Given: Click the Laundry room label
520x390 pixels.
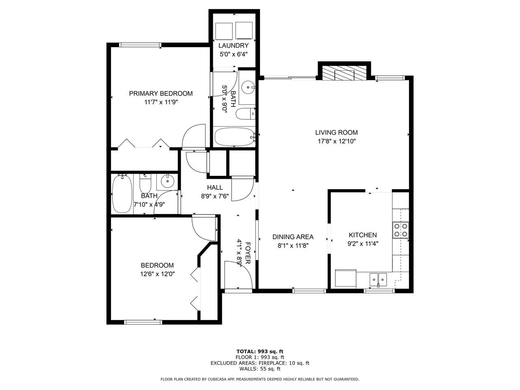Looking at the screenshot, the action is pos(233,45).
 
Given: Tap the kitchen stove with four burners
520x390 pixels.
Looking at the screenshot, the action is pos(401,230).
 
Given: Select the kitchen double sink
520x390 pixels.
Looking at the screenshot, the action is pos(378,279).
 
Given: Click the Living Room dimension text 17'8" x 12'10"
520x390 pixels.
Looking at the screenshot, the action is pos(337,141).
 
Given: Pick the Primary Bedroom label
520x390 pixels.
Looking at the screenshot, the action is pos(161,93).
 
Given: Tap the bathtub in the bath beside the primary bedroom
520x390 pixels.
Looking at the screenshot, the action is pos(234,137).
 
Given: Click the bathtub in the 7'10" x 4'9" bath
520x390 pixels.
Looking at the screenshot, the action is pos(122,193).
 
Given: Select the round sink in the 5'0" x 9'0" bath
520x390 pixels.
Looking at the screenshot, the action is pos(248,87).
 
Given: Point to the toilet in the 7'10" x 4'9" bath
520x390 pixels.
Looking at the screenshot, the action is pos(145,183).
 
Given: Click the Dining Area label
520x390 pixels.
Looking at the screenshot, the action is pos(293,237).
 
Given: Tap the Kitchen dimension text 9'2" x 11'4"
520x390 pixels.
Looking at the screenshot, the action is pos(363,244).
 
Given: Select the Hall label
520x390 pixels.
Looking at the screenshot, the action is pos(215,188).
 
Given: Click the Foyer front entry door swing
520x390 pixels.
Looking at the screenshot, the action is pos(238,275).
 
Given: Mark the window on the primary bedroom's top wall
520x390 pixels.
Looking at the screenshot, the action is pos(140,45).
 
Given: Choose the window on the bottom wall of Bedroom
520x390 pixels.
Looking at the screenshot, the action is pos(143,322).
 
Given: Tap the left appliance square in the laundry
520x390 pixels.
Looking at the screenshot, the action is pos(223,31).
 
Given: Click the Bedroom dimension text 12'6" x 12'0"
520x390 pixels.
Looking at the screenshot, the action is pos(158,274).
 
